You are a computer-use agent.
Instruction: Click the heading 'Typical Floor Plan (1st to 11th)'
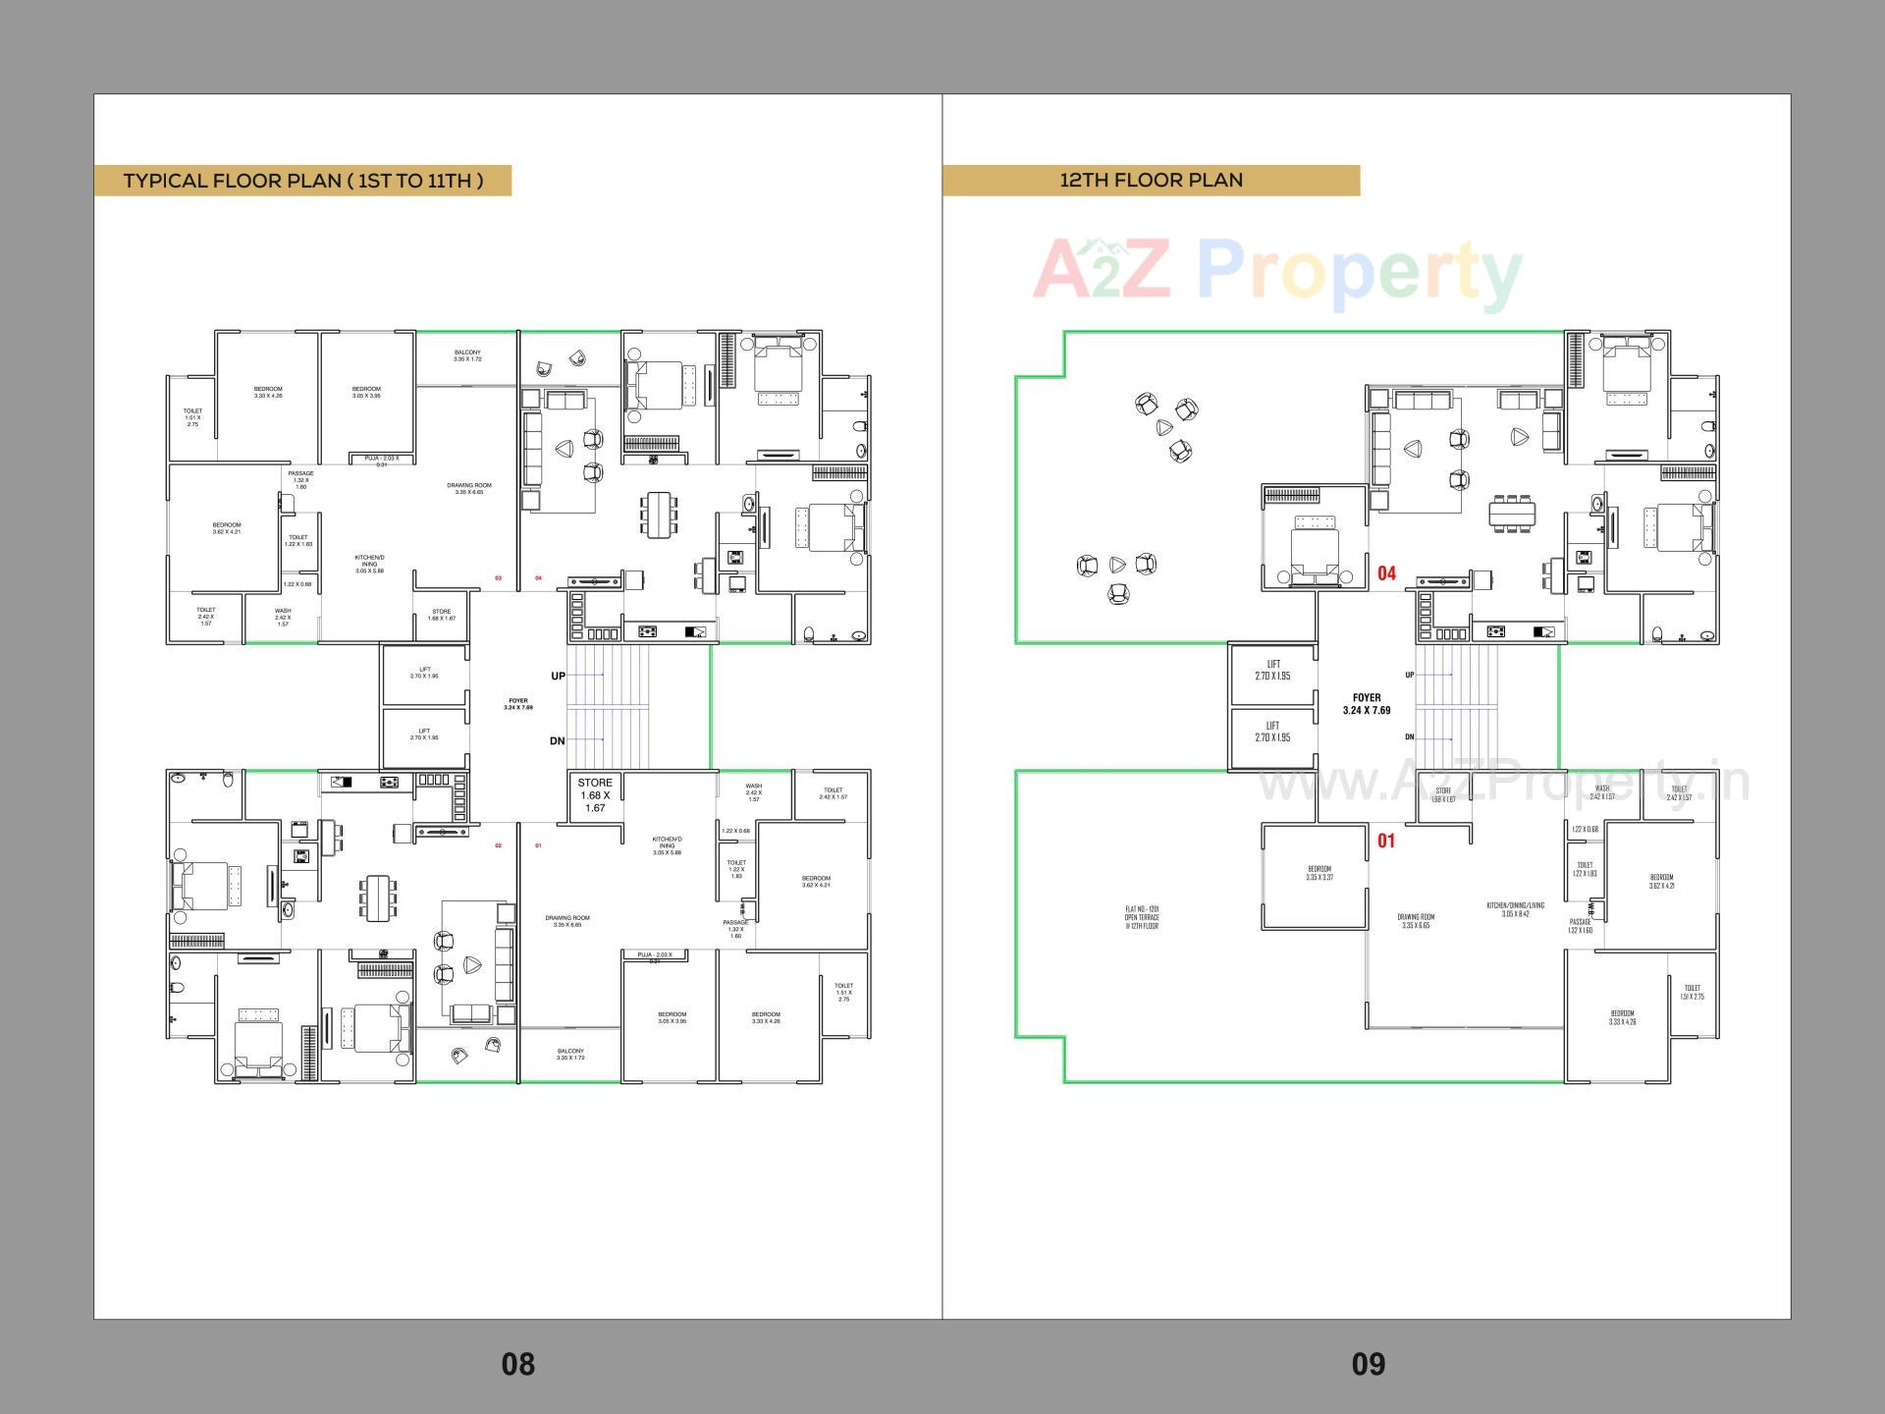(303, 181)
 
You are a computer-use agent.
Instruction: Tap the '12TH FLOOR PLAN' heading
(1151, 181)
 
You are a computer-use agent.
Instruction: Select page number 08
(518, 1363)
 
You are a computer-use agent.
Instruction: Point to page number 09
(1368, 1363)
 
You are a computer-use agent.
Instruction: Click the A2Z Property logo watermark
(1276, 272)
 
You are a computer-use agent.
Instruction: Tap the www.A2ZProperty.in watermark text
(1502, 783)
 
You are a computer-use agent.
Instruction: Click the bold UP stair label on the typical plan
(558, 676)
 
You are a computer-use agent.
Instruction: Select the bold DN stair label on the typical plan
(557, 740)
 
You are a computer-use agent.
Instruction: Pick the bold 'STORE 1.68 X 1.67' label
(595, 795)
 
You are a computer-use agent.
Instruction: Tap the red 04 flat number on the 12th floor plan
(1386, 572)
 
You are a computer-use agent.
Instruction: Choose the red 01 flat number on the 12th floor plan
(1386, 841)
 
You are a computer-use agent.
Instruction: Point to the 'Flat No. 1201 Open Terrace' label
(1142, 918)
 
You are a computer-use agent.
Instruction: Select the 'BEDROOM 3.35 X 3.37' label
(1319, 873)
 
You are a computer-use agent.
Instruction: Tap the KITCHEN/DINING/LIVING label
(1515, 909)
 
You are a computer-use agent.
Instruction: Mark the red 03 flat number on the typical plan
(498, 578)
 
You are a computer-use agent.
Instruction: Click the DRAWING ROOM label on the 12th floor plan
(1416, 921)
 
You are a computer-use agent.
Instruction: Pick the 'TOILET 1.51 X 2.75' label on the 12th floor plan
(1692, 993)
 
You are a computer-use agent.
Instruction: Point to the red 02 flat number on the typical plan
(498, 845)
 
